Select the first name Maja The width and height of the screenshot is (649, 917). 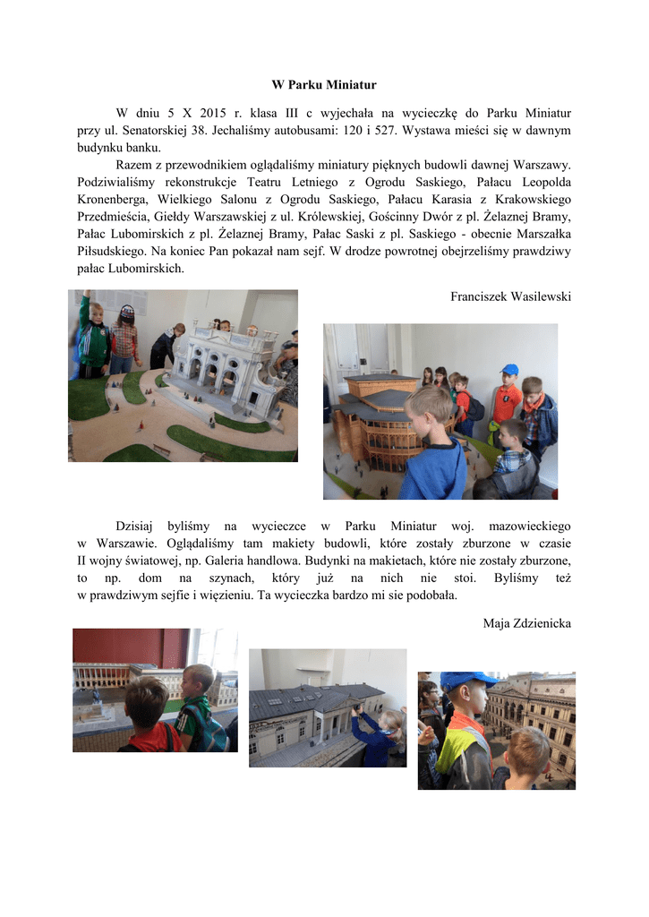pos(499,622)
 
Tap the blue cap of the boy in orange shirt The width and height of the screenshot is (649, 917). pos(509,369)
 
